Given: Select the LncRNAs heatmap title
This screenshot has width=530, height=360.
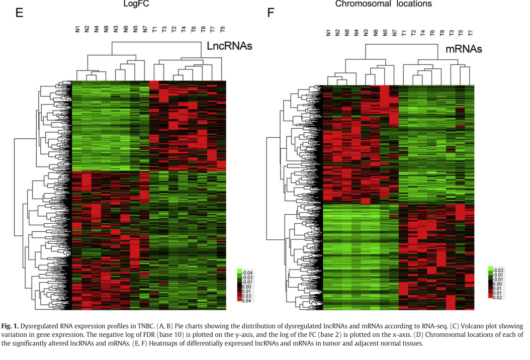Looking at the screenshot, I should coord(229,46).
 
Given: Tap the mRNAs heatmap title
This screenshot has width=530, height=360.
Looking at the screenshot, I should coord(464,49).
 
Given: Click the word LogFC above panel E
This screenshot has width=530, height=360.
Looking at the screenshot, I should coord(136,4).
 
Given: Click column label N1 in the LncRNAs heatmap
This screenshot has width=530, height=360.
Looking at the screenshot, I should coord(77,30).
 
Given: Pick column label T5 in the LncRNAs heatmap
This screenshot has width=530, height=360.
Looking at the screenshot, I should coord(223,30).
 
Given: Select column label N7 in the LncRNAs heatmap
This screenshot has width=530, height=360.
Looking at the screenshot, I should coord(145,30).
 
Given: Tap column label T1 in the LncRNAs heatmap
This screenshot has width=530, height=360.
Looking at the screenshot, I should coord(155,30).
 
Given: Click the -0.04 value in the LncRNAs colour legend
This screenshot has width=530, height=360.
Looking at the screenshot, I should coord(246,272).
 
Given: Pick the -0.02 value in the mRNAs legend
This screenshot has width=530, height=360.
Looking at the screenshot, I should coord(498,269).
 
